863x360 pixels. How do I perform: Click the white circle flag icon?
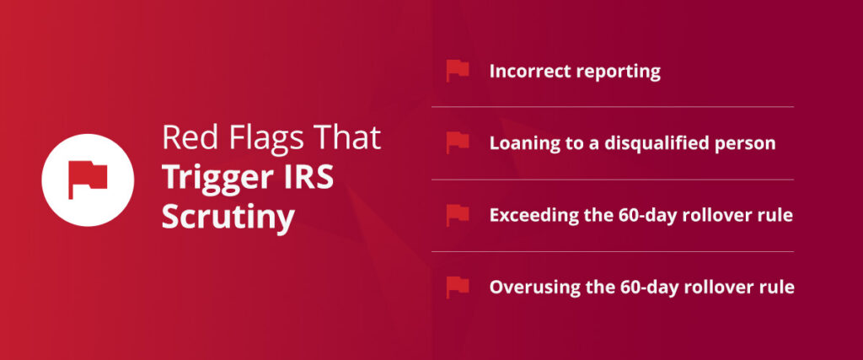click(x=88, y=179)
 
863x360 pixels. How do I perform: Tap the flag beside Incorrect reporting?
click(x=458, y=71)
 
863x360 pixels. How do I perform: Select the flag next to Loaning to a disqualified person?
click(x=458, y=142)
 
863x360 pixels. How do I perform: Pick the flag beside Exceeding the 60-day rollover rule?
click(x=458, y=215)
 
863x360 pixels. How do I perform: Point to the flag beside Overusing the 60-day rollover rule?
click(x=458, y=287)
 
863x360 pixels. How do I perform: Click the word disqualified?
click(x=661, y=143)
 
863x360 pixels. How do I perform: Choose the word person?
click(x=746, y=143)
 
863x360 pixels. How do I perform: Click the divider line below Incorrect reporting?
click(x=613, y=107)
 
